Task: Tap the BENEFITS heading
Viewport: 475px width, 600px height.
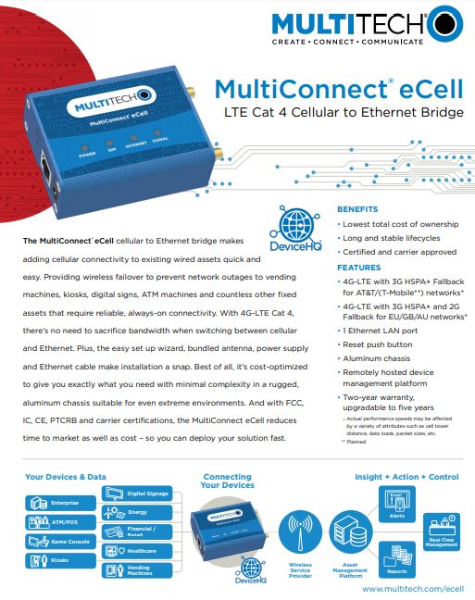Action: [x=356, y=209]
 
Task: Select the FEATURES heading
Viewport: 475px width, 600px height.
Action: [x=356, y=268]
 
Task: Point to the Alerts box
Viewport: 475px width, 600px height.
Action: [x=396, y=506]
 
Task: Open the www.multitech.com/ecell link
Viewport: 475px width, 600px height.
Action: [x=412, y=588]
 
